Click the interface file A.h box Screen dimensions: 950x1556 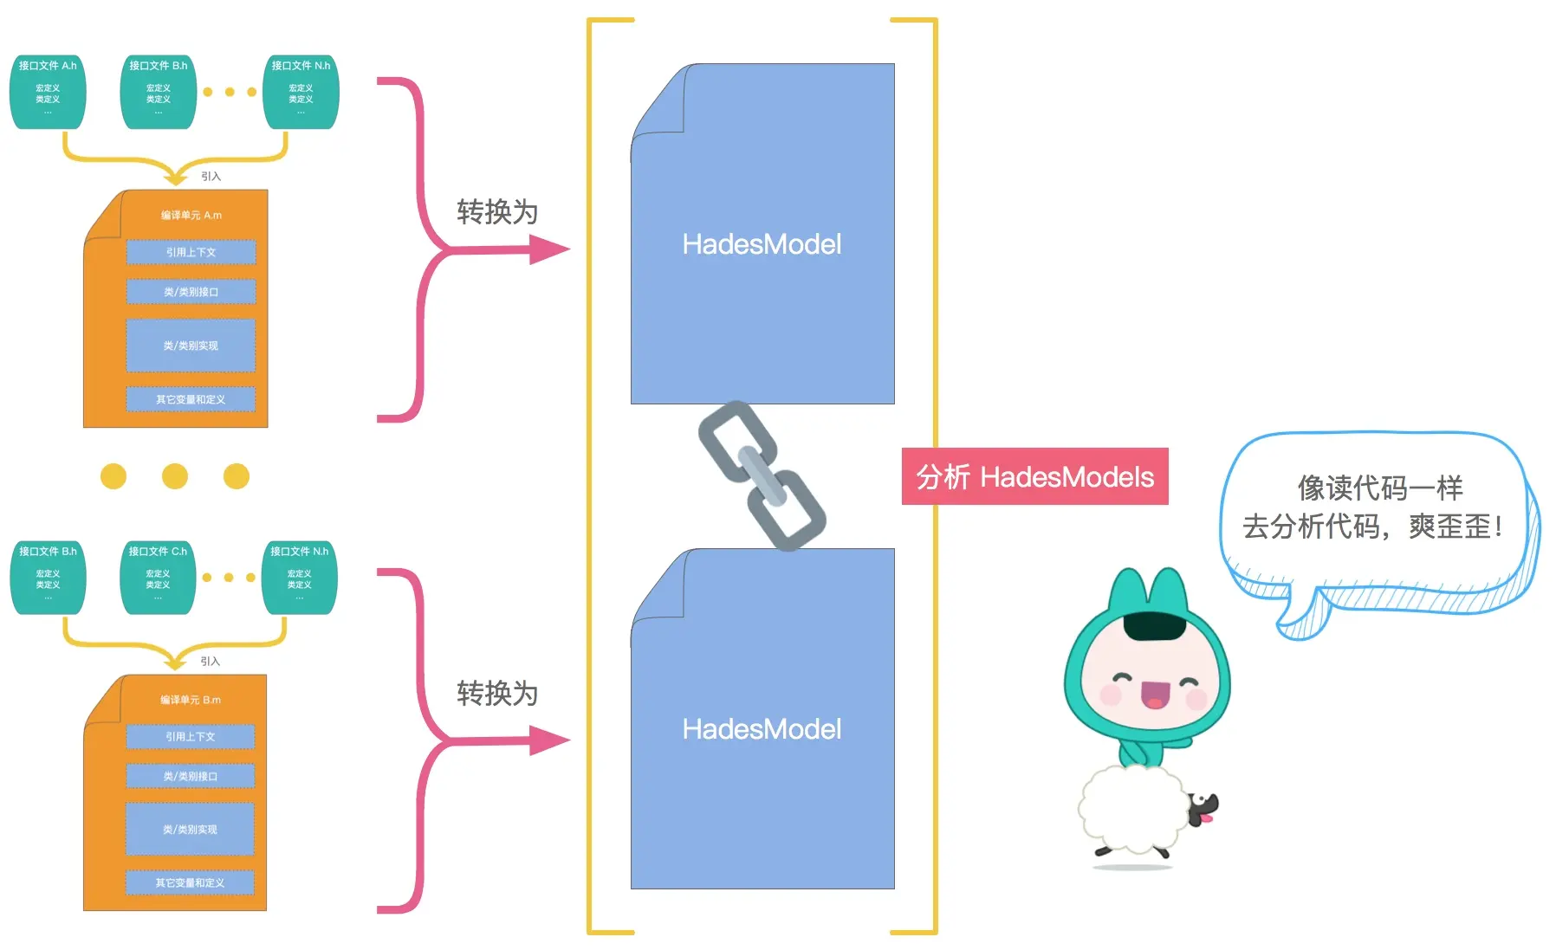(48, 91)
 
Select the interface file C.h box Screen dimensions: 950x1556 (158, 577)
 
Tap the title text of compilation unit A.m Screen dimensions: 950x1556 (191, 215)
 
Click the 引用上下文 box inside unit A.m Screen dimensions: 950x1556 (191, 252)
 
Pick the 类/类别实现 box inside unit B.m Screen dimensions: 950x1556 (190, 829)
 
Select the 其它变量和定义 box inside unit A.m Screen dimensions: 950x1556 (191, 399)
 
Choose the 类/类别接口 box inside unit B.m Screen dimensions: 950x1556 (190, 776)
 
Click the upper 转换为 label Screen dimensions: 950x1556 (497, 212)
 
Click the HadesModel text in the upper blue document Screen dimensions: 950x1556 (762, 244)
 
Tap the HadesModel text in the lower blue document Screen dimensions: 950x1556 (762, 729)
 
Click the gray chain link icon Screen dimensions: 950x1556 (762, 475)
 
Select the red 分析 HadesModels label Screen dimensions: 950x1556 (1034, 476)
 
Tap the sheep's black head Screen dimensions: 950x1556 (1201, 810)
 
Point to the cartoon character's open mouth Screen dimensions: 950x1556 (1155, 694)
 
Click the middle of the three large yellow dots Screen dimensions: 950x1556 (175, 475)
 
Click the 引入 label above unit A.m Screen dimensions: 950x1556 (211, 176)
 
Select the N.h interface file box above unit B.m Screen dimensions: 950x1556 (299, 577)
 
